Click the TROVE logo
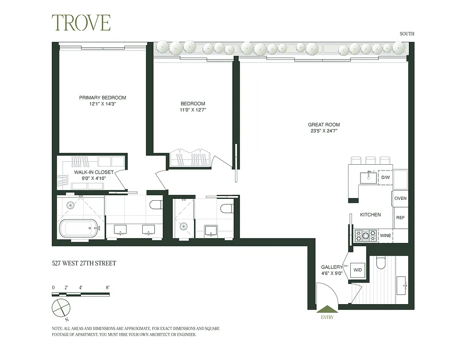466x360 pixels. point(81,22)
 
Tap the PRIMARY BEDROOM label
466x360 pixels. point(103,98)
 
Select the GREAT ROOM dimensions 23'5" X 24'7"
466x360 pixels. point(324,131)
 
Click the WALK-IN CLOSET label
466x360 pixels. point(94,172)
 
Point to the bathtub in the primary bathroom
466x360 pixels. point(79,228)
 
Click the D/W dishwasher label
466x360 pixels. point(385,178)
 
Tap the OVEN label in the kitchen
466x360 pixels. point(400,198)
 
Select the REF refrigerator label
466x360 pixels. point(400,218)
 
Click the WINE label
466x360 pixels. point(385,235)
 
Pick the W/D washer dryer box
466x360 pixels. point(358,270)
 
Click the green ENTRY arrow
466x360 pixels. point(327,309)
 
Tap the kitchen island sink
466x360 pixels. point(369,176)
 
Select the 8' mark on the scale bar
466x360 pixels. point(108,287)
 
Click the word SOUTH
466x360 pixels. point(407,34)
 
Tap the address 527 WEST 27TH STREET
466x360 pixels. point(84,263)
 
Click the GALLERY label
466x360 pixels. point(332,267)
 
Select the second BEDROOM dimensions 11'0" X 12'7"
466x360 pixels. point(193,109)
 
